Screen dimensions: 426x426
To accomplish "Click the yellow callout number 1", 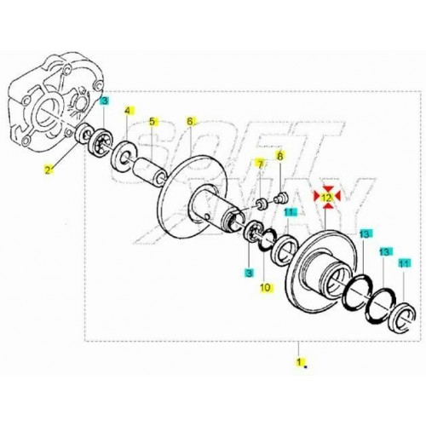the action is [x=298, y=362].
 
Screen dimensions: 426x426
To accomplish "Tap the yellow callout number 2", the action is [x=49, y=170].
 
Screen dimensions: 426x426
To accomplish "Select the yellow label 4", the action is [x=128, y=111].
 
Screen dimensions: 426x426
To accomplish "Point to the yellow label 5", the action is [x=153, y=122].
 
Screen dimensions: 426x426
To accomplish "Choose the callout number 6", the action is [x=190, y=121].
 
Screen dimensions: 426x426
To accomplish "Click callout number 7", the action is [x=259, y=164].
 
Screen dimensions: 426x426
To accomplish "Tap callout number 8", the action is [x=279, y=156].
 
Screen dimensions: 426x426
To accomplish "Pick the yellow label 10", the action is [x=265, y=287].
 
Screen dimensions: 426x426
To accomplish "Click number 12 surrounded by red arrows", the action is [x=326, y=196].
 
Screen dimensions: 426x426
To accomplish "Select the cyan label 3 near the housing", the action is [x=104, y=101].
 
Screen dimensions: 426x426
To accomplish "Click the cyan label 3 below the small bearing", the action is [x=249, y=273].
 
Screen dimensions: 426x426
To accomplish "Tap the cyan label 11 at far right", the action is [x=405, y=263].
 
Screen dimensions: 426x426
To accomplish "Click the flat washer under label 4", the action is [x=124, y=155].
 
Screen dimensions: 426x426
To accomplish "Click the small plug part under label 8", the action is [x=281, y=197].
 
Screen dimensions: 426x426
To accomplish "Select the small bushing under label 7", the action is [x=261, y=204].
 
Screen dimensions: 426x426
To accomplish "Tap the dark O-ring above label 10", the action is [x=268, y=240].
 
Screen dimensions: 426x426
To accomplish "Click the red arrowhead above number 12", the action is [x=327, y=188].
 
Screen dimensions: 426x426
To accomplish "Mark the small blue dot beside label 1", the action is [x=305, y=366].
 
